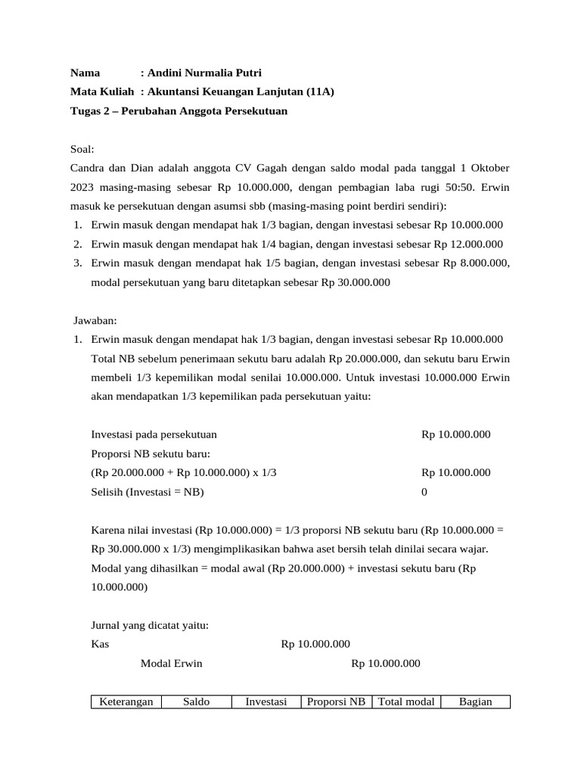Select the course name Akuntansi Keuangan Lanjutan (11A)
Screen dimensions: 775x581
241,92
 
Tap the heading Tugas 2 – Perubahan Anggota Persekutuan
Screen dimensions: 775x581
179,111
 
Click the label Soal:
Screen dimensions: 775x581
82,149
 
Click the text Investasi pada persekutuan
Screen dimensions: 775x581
154,434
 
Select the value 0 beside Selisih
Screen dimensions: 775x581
424,491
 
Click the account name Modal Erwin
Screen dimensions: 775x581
172,664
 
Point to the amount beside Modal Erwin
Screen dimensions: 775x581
385,664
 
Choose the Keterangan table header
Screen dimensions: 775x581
126,702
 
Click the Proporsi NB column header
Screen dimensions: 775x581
337,702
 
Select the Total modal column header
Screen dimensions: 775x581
406,702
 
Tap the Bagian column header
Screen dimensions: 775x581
476,702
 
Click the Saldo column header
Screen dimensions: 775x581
197,702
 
